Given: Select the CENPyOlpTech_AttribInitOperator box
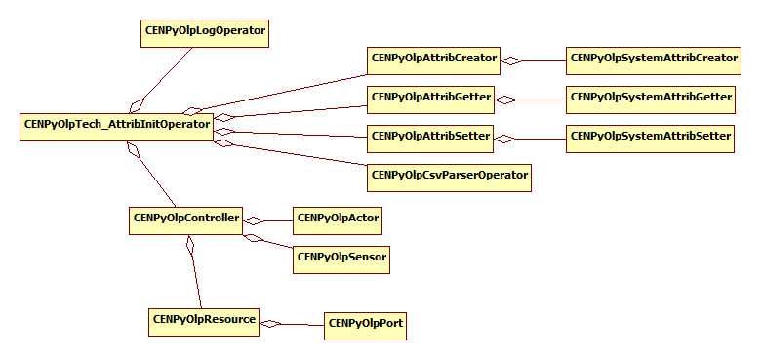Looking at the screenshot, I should click(116, 126).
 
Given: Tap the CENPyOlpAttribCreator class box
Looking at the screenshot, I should click(434, 60).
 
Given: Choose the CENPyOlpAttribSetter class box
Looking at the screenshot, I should click(430, 138).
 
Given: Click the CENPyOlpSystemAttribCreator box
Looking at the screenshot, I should click(654, 60).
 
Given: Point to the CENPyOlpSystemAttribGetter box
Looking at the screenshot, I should click(651, 99).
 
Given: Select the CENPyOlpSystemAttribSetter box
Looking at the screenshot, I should click(650, 138).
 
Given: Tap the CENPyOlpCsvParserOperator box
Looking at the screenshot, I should click(449, 177).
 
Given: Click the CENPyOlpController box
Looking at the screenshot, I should click(184, 220).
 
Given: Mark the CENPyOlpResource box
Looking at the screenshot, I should click(204, 321).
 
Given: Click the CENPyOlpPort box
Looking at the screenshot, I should click(364, 325).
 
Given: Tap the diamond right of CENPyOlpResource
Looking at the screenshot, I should click(270, 323).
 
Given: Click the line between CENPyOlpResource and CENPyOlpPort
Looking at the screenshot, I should click(302, 324).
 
